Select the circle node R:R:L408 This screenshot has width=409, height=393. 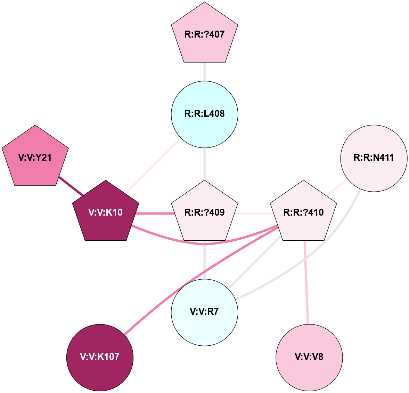205,114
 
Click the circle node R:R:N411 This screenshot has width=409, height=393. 374,158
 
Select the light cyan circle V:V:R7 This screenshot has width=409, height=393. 205,312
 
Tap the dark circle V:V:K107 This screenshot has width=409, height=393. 100,357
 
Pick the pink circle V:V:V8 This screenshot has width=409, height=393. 309,357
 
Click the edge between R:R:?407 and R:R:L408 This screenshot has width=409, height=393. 205,72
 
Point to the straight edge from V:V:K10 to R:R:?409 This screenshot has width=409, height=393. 155,213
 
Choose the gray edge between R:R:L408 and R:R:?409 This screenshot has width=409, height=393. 205,163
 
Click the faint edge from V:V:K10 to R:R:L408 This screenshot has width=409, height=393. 153,166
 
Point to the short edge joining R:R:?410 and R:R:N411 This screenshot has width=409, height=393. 335,186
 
